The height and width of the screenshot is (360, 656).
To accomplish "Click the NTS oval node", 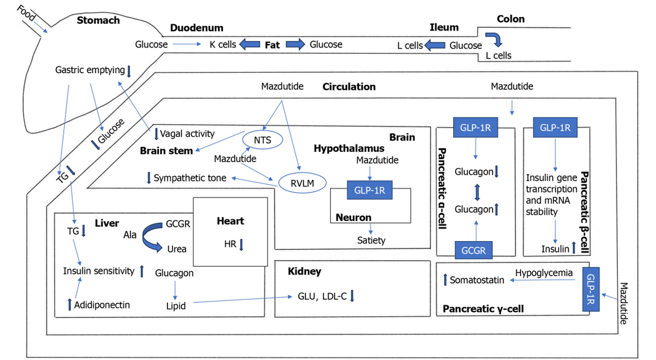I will (262, 140).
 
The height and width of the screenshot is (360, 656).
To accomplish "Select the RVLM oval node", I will (302, 183).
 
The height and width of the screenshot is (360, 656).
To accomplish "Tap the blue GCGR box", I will (473, 250).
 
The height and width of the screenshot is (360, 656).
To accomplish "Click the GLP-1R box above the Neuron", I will (369, 190).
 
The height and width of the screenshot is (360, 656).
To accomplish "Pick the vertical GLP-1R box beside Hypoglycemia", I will (591, 289).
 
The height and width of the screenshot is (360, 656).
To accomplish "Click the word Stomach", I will (98, 20).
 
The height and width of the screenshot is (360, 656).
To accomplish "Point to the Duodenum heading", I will (196, 28).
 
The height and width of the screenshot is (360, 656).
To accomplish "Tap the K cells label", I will (223, 44).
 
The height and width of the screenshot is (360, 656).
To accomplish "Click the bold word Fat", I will (272, 45).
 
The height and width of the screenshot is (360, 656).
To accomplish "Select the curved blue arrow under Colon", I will (494, 39).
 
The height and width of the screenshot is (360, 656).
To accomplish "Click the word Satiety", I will (371, 240).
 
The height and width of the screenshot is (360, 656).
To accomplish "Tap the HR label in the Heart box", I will (230, 244).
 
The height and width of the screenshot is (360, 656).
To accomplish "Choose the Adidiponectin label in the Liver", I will (102, 305).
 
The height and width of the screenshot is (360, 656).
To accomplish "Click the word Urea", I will (176, 249).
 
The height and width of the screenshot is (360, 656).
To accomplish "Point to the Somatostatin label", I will (477, 280).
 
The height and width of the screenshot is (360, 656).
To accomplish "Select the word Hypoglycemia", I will (543, 273).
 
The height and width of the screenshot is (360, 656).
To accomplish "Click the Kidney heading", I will (304, 271).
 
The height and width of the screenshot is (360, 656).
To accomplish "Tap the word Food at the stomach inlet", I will (26, 13).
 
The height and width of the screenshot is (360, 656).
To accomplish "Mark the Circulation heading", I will (349, 87).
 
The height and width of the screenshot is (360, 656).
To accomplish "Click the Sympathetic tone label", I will (190, 178).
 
